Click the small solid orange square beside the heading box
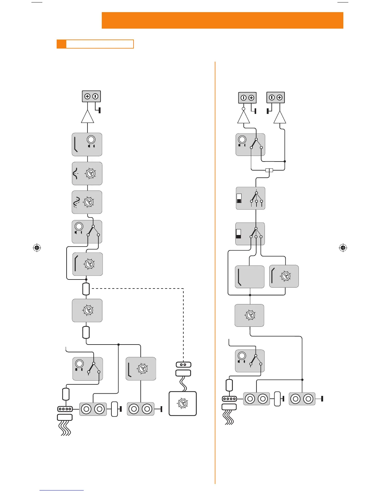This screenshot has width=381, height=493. point(61,44)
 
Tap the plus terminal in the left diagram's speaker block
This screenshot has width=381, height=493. point(87,96)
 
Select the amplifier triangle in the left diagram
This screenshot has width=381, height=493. point(87,117)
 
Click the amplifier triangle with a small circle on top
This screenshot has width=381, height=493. point(243,117)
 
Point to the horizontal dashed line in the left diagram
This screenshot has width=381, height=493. point(137,289)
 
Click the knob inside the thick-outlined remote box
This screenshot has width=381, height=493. point(183,404)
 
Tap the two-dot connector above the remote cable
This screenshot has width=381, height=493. point(183,364)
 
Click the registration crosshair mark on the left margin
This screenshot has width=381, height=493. point(37,248)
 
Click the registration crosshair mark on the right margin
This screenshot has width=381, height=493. point(343,248)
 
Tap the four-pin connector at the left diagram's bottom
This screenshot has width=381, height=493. point(65,409)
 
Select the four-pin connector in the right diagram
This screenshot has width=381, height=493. point(229,399)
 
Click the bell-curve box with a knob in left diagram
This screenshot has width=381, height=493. point(87,173)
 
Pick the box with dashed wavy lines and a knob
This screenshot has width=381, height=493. point(87,202)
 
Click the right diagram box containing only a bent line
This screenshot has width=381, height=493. point(250,277)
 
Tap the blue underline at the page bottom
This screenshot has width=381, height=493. point(62,490)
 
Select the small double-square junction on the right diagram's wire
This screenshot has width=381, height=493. point(269,170)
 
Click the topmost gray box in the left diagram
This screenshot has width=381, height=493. point(87,144)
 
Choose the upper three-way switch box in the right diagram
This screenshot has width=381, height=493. point(251,198)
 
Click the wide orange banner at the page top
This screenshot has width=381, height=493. point(222,21)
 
